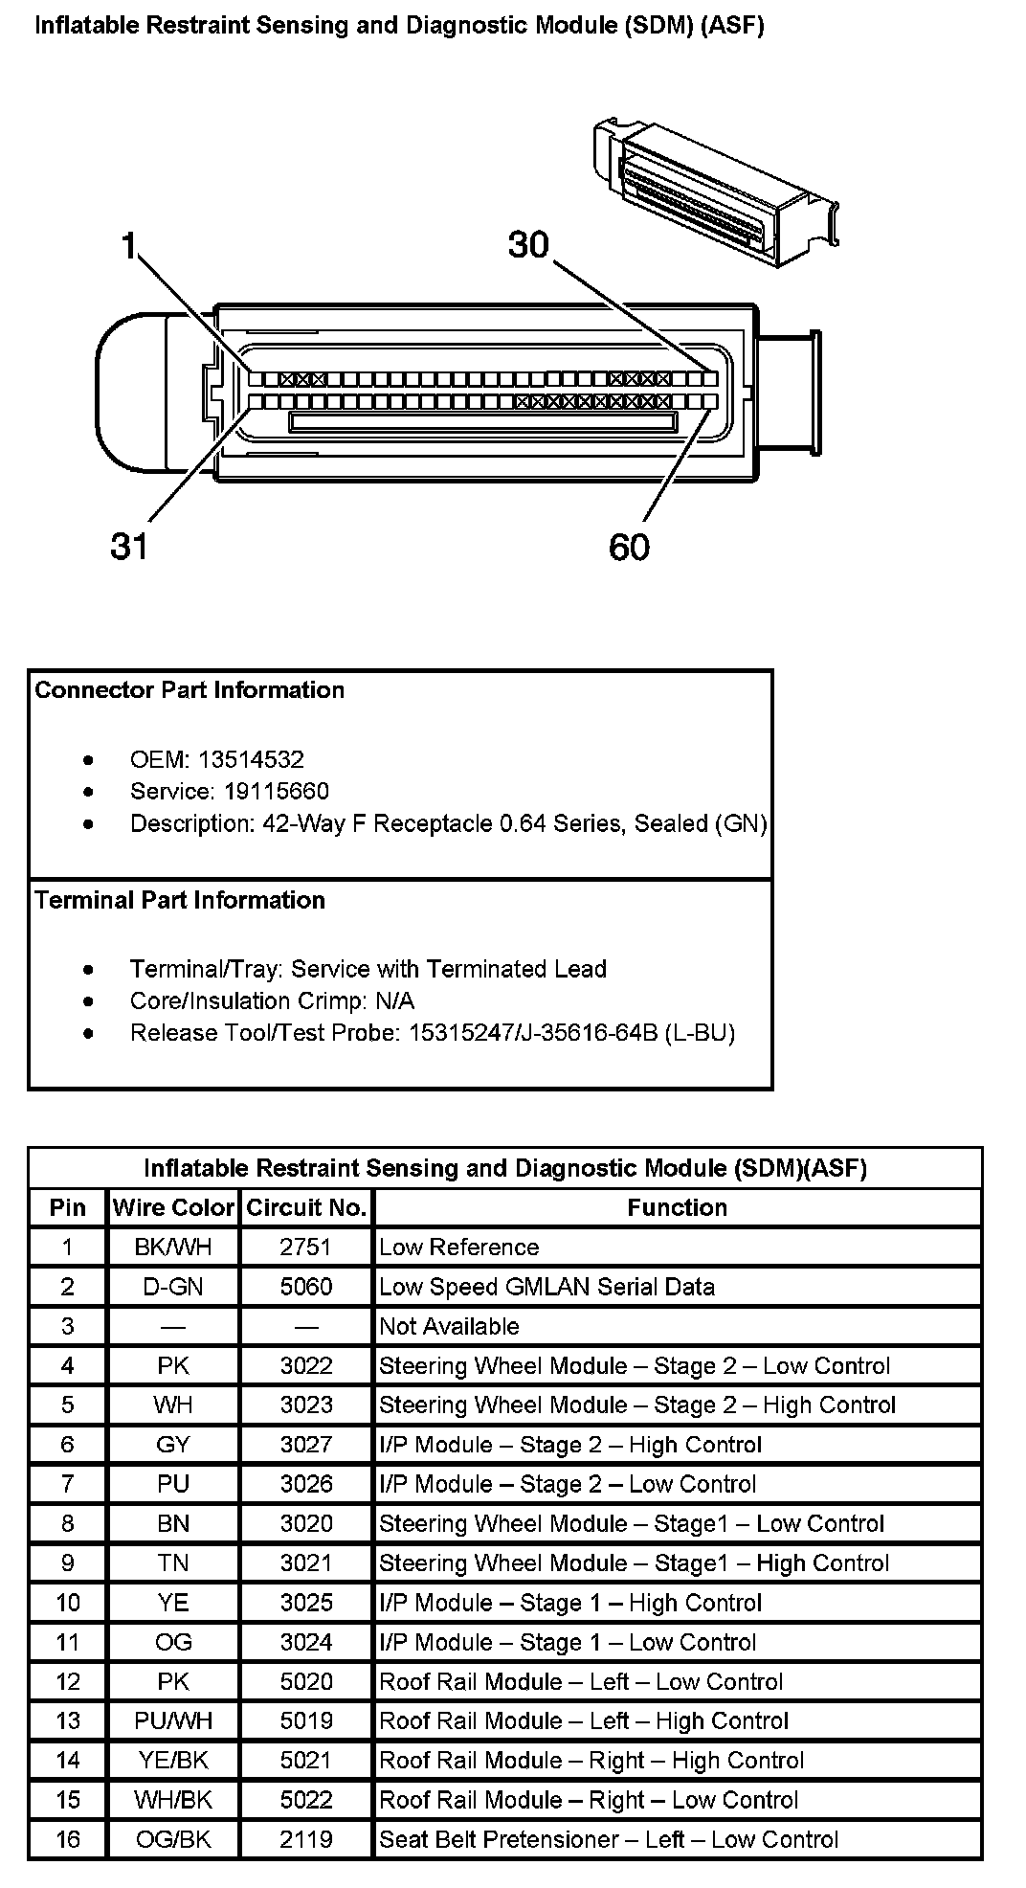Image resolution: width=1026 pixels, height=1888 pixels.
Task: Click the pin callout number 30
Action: pos(528,245)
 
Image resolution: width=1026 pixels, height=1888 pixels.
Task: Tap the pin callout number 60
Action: pos(629,547)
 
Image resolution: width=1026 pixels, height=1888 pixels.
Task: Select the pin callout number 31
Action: pos(129,546)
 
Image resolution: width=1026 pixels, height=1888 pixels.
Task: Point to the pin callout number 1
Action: pos(129,246)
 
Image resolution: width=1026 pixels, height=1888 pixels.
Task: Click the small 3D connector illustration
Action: pos(713,191)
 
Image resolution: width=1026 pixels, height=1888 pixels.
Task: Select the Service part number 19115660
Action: pos(277,792)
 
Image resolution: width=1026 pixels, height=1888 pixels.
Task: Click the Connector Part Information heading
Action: pos(190,690)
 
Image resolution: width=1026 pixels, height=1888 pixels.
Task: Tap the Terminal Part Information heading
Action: pos(180,900)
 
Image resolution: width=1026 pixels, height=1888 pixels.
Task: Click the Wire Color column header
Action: pos(173,1207)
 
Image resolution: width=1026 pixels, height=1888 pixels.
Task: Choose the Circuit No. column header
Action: pos(306,1207)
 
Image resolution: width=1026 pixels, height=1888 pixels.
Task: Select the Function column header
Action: pos(677,1207)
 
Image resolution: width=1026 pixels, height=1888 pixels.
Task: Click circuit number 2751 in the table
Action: pos(306,1247)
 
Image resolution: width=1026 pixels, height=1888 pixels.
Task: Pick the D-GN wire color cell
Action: pos(173,1287)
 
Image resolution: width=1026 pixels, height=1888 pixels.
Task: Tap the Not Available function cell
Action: pos(449,1326)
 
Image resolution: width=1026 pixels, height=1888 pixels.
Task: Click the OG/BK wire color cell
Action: pos(173,1839)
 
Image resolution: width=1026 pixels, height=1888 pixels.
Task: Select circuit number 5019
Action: pos(306,1720)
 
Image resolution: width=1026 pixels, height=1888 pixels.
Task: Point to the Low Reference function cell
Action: pos(458,1247)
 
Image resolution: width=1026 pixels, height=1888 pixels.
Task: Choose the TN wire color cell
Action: pos(173,1563)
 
